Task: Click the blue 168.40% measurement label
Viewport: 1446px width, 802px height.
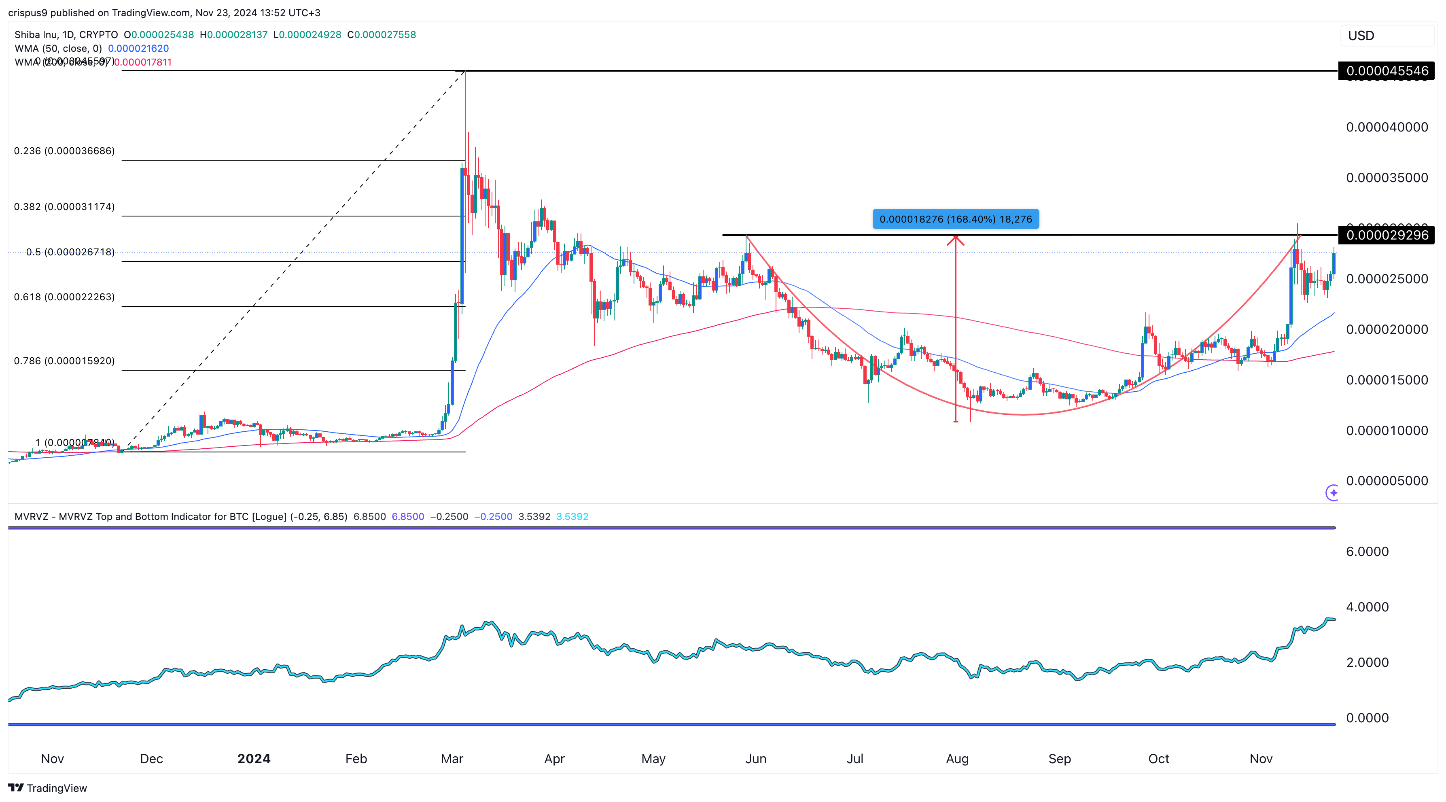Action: click(955, 219)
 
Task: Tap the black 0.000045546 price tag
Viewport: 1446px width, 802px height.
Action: click(1387, 71)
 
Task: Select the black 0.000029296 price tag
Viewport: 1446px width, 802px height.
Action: click(1387, 235)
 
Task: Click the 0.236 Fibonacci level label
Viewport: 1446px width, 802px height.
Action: click(64, 151)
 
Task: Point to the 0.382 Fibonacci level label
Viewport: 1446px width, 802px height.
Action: click(64, 206)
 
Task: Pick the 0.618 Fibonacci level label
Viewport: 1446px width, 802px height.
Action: click(64, 297)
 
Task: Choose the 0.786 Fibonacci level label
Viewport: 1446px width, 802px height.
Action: click(64, 361)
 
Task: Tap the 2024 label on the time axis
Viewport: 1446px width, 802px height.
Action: click(254, 759)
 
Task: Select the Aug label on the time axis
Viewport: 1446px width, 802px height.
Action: click(957, 759)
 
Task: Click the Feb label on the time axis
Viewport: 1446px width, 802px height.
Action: click(356, 759)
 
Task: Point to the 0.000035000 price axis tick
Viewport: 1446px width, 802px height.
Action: click(1387, 178)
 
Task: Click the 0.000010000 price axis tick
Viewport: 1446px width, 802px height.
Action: click(1387, 431)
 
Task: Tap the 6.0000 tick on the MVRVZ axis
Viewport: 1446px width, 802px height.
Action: click(1367, 552)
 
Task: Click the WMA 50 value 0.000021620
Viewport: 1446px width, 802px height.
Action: click(138, 48)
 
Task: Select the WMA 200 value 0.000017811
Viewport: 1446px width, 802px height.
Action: click(142, 62)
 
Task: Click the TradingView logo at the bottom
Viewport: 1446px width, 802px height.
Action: click(48, 788)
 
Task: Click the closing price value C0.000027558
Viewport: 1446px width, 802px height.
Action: click(382, 35)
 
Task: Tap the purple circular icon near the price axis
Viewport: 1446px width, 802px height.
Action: click(1332, 493)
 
